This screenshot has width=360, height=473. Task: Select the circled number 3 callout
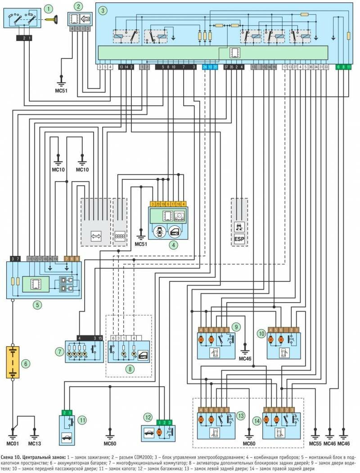103,9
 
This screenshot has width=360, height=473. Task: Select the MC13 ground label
35,444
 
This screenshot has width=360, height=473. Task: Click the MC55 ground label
315,444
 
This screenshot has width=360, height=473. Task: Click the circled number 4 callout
172,245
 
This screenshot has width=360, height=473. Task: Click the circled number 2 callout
79,7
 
